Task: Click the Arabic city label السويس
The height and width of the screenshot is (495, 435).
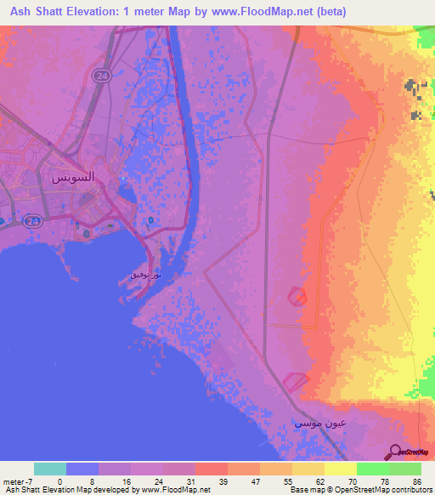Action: (73, 179)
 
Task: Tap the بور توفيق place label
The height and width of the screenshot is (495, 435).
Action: (141, 275)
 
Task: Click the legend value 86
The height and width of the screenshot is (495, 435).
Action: (417, 481)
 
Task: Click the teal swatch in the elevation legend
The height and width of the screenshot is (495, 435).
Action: (50, 469)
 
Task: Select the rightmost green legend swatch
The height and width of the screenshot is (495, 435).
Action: (405, 469)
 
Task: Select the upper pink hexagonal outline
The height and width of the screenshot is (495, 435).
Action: (297, 296)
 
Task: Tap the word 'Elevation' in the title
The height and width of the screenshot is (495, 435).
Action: (105, 12)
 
